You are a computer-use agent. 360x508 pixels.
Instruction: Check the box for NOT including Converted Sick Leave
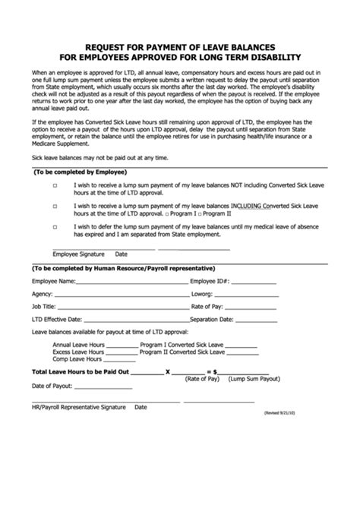[x=55, y=185]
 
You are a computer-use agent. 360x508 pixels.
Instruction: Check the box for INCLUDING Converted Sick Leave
[x=55, y=206]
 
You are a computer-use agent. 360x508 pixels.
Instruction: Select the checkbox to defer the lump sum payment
[x=55, y=226]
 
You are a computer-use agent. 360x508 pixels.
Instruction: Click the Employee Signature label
[x=77, y=254]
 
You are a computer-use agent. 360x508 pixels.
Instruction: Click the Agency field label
[x=42, y=294]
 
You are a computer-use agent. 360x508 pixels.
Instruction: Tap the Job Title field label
[x=44, y=306]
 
